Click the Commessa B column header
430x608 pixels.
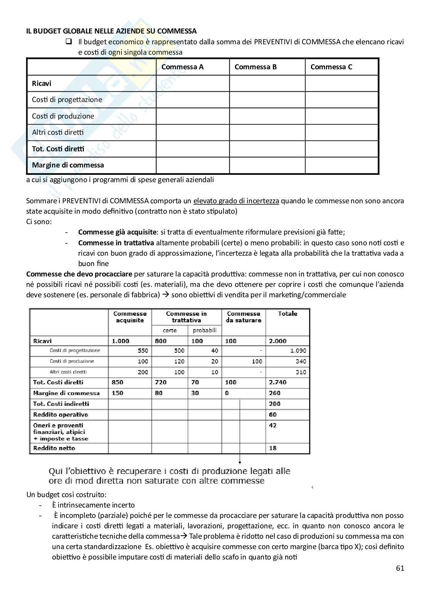(x=255, y=67)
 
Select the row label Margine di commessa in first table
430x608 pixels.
(x=68, y=165)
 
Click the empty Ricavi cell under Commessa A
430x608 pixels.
(x=192, y=83)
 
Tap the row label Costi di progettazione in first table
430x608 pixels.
(x=67, y=100)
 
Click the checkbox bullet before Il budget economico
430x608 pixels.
(x=69, y=42)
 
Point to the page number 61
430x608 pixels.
(x=400, y=568)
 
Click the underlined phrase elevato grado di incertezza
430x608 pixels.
(x=236, y=201)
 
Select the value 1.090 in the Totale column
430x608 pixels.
(x=298, y=351)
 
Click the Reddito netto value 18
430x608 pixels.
(x=273, y=448)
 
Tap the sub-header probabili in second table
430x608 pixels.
(x=205, y=330)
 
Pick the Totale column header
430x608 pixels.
(x=287, y=314)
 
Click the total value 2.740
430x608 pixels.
(x=277, y=382)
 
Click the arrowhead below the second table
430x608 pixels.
(x=240, y=462)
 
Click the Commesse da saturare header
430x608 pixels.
(x=244, y=317)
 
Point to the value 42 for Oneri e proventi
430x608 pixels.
(x=273, y=425)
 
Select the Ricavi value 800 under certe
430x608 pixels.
(x=161, y=341)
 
